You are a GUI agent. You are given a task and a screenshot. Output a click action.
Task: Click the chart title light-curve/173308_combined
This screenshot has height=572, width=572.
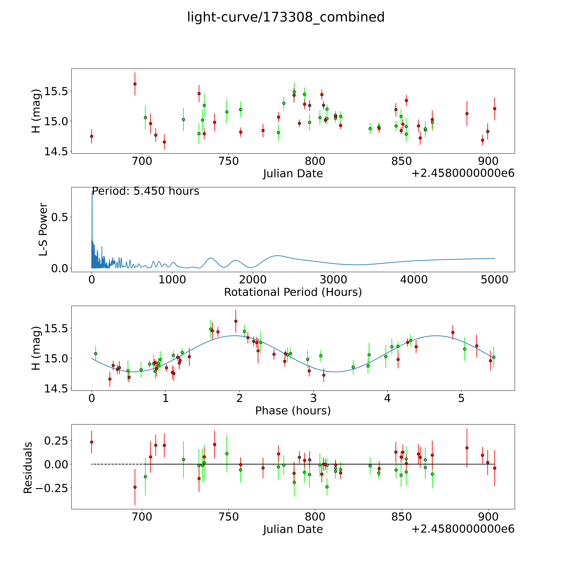coord(286,17)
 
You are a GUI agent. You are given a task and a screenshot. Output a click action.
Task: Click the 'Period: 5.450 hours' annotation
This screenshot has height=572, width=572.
coord(146,191)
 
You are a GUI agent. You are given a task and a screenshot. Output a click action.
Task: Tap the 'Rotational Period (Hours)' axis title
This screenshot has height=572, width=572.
coord(293,292)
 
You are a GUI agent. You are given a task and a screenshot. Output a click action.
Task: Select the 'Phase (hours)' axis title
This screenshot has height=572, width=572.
coord(293,411)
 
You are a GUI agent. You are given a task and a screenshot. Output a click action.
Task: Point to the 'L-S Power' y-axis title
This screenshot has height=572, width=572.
coord(43,229)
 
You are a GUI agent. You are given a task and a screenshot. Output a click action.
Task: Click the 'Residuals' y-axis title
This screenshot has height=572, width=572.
coord(28,468)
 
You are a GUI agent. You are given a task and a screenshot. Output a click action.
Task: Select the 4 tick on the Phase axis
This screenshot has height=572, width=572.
coord(387,398)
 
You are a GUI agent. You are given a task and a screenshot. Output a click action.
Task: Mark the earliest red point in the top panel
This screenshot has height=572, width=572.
coord(92,136)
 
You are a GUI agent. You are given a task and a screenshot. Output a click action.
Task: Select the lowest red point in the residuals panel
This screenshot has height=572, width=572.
coord(135,487)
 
